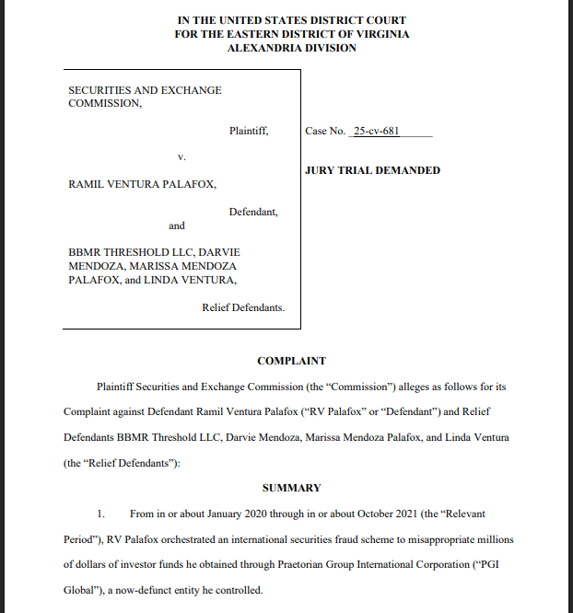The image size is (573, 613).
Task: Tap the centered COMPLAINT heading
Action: pyautogui.click(x=291, y=361)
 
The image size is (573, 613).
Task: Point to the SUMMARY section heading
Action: pyautogui.click(x=291, y=488)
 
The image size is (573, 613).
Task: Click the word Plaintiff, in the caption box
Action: pyautogui.click(x=249, y=132)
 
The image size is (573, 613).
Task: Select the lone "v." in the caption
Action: pyautogui.click(x=182, y=158)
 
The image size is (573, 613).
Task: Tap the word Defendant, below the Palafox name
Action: pyautogui.click(x=253, y=212)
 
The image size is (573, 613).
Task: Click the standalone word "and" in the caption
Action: pyautogui.click(x=177, y=226)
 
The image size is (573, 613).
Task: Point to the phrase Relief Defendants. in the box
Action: pyautogui.click(x=243, y=307)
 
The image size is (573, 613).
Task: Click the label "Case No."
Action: pyautogui.click(x=325, y=132)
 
